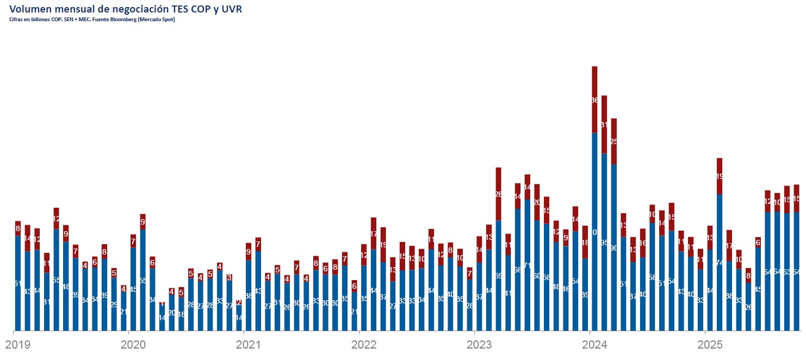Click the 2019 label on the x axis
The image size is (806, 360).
tap(17, 345)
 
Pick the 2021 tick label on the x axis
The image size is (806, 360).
tap(248, 345)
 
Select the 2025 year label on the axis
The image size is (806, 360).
tap(710, 345)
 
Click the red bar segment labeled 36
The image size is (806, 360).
tap(594, 100)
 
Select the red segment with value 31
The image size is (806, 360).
tap(604, 125)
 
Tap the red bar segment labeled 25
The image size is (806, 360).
tap(613, 141)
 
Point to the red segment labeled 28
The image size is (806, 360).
tap(498, 194)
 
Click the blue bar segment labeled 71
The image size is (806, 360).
tap(527, 265)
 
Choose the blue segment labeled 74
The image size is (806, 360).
tap(720, 262)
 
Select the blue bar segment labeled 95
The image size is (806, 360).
tap(604, 242)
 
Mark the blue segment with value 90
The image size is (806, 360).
tap(613, 247)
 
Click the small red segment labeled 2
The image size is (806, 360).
tap(239, 302)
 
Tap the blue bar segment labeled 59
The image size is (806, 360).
tap(498, 275)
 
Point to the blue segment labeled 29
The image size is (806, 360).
tap(114, 304)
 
